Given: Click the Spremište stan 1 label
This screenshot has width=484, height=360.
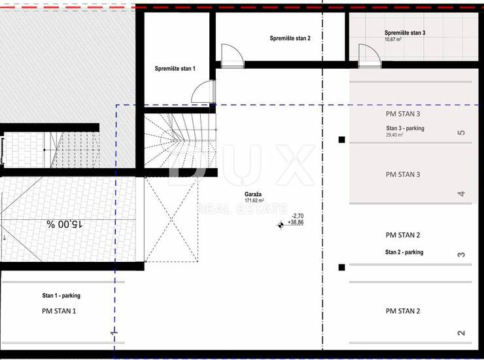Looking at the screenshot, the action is [175, 69].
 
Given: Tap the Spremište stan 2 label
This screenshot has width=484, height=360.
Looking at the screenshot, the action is [290, 39].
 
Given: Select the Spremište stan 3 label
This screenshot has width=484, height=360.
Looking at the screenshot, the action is [405, 33].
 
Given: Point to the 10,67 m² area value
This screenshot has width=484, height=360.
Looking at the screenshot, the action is [393, 39].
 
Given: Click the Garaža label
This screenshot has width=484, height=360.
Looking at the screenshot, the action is [253, 194].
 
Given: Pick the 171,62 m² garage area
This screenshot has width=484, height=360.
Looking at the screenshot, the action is [254, 200].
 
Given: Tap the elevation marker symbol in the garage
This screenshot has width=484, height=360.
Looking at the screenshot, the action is [281, 225].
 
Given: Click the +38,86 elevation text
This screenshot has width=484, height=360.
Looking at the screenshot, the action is [296, 223].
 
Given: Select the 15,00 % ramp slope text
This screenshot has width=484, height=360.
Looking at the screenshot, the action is [65, 224].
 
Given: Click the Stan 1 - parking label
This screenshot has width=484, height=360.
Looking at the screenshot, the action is [61, 296].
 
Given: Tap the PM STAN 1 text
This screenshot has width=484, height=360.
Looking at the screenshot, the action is [59, 311].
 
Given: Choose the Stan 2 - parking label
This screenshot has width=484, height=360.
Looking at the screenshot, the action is [404, 252].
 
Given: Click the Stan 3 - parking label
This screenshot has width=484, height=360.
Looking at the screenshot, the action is [405, 128].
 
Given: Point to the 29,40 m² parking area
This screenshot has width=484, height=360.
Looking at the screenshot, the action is [394, 135].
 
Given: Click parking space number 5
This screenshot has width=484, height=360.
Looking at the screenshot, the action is [461, 133].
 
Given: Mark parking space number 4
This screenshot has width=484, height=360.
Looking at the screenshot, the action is [461, 194].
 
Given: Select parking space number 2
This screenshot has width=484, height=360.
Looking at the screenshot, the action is [461, 333].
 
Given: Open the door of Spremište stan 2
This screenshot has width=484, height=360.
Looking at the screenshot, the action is [233, 56].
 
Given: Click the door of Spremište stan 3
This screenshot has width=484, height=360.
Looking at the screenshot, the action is [370, 56].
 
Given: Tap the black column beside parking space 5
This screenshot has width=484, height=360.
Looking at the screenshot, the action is [341, 139].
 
